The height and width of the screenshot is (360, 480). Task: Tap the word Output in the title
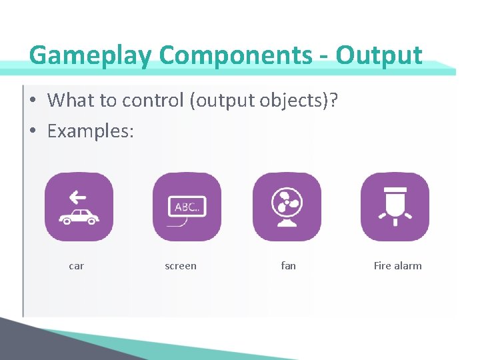pyautogui.click(x=379, y=55)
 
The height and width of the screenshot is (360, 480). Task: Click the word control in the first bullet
pyautogui.click(x=153, y=100)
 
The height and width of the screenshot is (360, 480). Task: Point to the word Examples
pyautogui.click(x=90, y=131)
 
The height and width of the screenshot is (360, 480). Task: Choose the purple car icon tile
pyautogui.click(x=79, y=207)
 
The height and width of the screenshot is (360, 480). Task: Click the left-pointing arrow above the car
pyautogui.click(x=78, y=197)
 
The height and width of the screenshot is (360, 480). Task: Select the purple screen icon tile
pyautogui.click(x=187, y=207)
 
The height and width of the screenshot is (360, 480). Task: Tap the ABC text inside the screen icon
pyautogui.click(x=187, y=207)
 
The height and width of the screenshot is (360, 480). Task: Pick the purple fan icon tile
pyautogui.click(x=287, y=207)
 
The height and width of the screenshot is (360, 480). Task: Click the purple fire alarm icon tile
pyautogui.click(x=395, y=207)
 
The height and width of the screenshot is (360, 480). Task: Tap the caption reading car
pyautogui.click(x=77, y=266)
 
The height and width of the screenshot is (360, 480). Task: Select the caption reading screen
pyautogui.click(x=181, y=266)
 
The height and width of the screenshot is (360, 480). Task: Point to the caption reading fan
pyautogui.click(x=288, y=266)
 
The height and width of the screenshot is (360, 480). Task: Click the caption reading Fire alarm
pyautogui.click(x=397, y=266)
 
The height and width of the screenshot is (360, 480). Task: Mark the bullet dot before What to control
pyautogui.click(x=33, y=101)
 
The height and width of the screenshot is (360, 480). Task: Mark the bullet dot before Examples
pyautogui.click(x=33, y=132)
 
